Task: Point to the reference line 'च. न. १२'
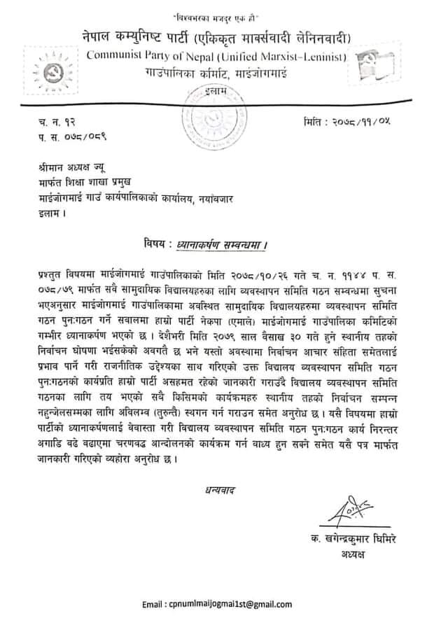(55, 124)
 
